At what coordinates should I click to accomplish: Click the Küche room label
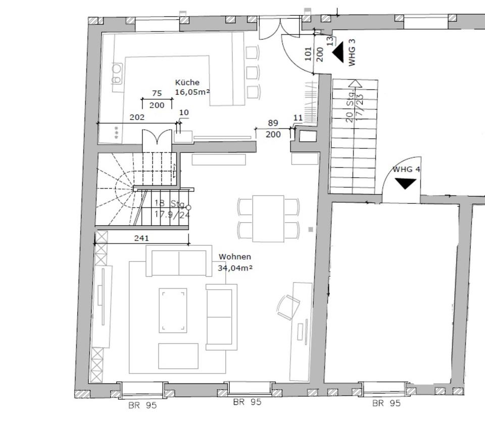click(x=187, y=82)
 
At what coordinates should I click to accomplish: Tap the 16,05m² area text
click(x=192, y=92)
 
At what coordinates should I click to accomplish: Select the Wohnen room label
click(x=234, y=257)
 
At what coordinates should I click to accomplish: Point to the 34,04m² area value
click(x=235, y=268)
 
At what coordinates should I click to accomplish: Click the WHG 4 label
click(x=406, y=169)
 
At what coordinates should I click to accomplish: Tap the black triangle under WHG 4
click(x=405, y=184)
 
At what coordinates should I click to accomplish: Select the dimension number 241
click(x=141, y=238)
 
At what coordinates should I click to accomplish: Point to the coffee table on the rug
click(x=173, y=310)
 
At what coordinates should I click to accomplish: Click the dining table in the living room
click(x=268, y=219)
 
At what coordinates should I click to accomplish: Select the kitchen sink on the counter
click(x=117, y=74)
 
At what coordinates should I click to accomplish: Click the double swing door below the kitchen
click(x=157, y=137)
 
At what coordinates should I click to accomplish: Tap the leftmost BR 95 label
click(x=142, y=405)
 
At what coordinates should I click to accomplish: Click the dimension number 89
click(x=273, y=123)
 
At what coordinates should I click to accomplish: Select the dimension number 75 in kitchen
click(x=157, y=93)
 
